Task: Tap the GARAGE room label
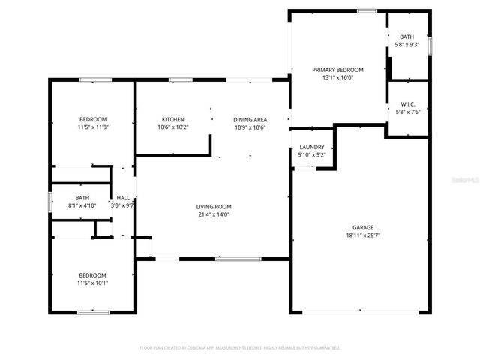[363, 227]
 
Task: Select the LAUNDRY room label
[311, 147]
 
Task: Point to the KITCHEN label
[173, 120]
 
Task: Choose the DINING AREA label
[250, 120]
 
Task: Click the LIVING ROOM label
[214, 207]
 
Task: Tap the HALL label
[122, 197]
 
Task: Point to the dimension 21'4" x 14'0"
[214, 215]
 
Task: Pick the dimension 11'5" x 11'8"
[93, 128]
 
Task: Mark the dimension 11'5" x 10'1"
[93, 283]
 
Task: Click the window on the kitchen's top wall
[180, 79]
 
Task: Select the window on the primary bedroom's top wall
[367, 10]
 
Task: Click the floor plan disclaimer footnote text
[240, 348]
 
